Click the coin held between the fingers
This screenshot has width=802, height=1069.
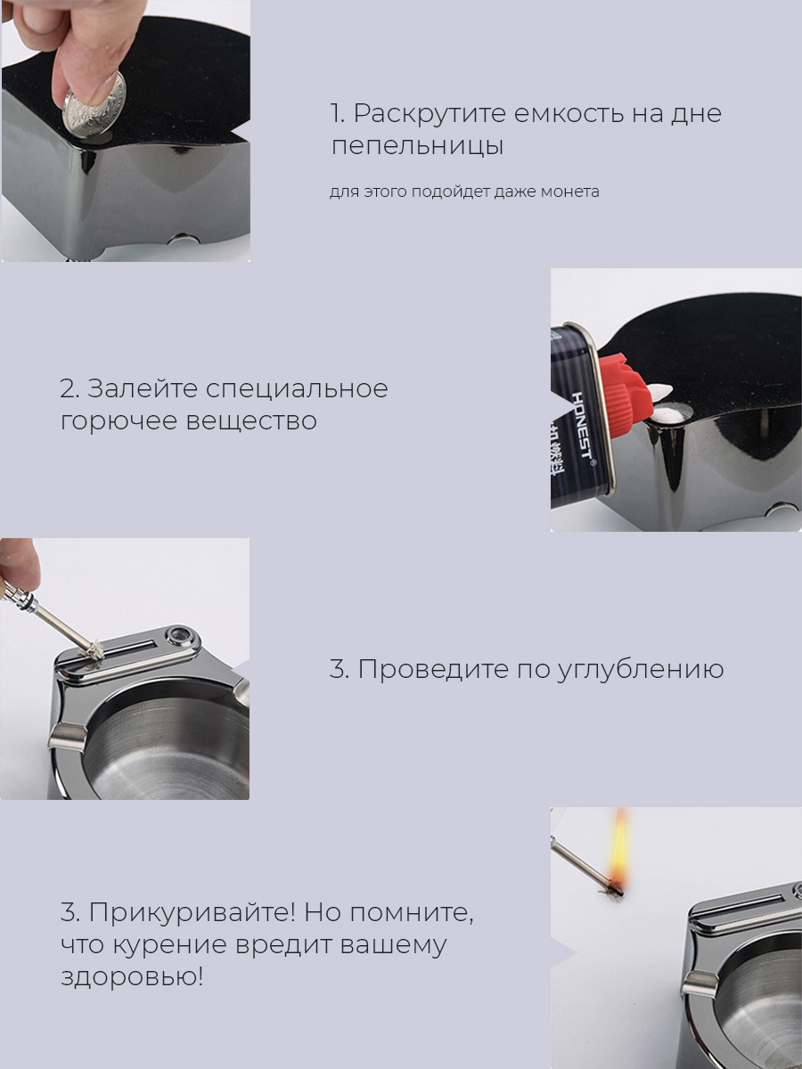(94, 103)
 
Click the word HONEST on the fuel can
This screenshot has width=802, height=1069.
(581, 425)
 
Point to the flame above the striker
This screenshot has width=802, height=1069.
(618, 846)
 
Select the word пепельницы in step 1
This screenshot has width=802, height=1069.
(417, 147)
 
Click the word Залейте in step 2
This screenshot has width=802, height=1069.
(142, 388)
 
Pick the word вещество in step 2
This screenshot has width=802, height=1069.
(251, 420)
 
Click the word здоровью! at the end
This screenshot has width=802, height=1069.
(132, 978)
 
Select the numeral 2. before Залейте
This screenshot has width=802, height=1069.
(70, 389)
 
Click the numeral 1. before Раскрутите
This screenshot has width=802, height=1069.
(338, 113)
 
